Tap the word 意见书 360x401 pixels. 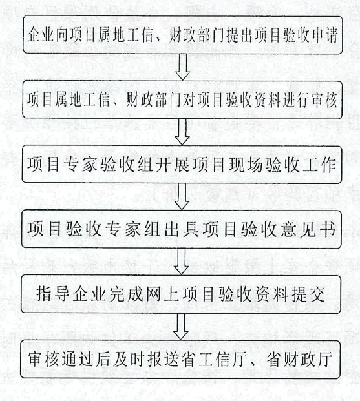tap(307, 229)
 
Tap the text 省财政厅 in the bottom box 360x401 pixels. tap(300, 359)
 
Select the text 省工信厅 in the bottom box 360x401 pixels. tap(216, 359)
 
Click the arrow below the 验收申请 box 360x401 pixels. tap(182, 67)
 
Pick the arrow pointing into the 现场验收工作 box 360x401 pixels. tap(182, 132)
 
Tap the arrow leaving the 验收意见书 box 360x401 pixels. tap(181, 262)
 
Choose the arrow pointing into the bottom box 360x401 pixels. tap(181, 327)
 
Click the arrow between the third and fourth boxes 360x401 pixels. tap(182, 197)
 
